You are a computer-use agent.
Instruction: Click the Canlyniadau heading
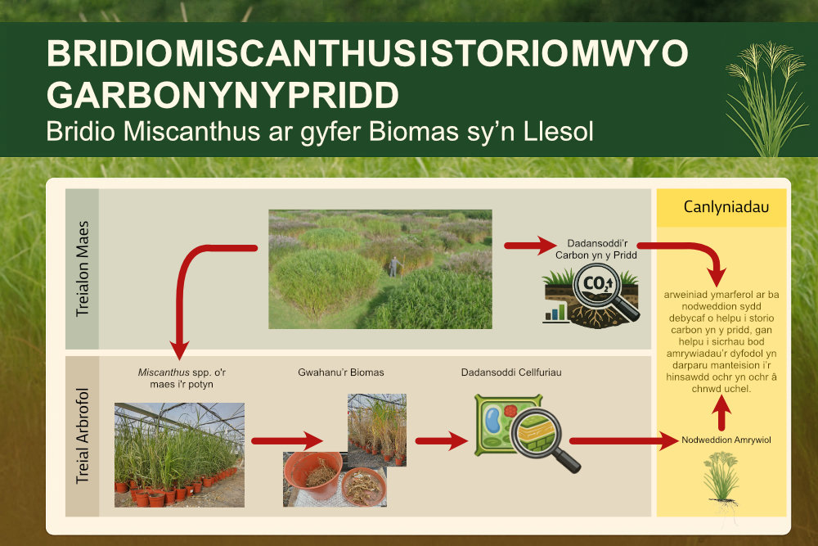point(726,207)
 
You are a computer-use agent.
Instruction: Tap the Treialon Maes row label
point(83,268)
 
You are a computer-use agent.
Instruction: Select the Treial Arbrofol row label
point(83,435)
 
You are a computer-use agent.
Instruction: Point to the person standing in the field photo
point(395,266)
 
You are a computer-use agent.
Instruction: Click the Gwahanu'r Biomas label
point(340,372)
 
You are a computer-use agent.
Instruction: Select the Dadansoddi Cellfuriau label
point(511,372)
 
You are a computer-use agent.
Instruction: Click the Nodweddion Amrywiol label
point(726,440)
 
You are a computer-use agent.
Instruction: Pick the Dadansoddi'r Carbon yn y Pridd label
point(596,249)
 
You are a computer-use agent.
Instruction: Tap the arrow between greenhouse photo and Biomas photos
point(287,441)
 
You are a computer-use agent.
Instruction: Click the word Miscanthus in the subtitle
point(191,131)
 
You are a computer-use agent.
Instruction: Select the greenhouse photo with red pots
point(179,454)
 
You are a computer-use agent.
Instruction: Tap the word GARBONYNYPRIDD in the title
point(222,95)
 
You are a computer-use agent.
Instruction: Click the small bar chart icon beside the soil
point(555,313)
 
